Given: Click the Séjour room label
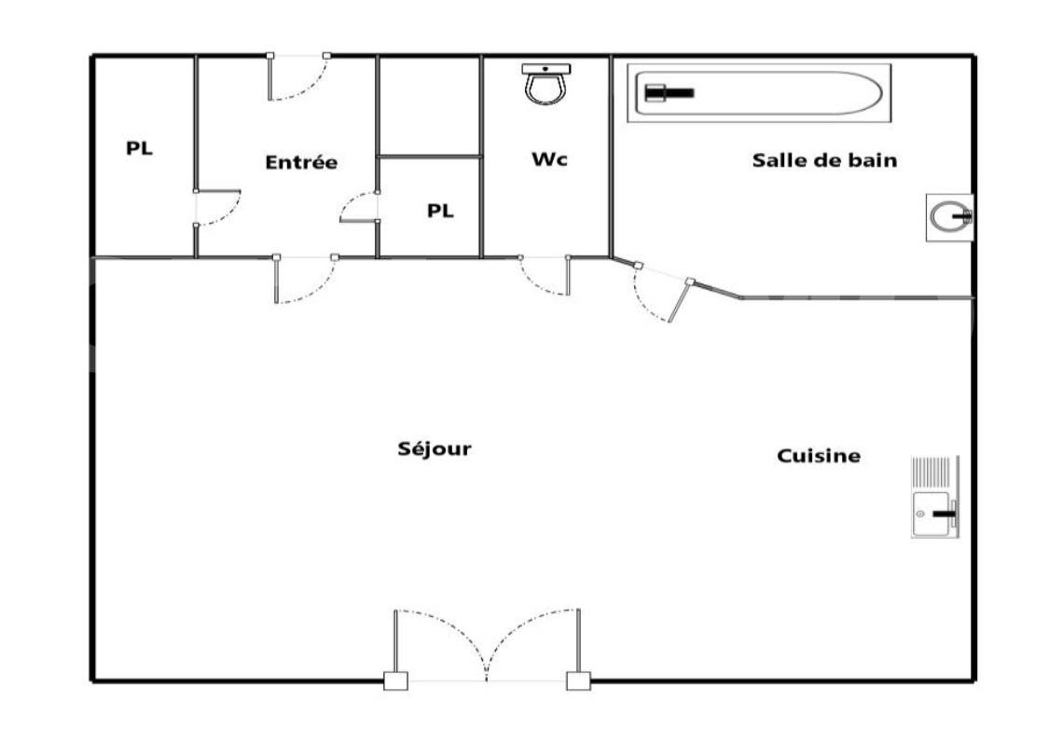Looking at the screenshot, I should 435,449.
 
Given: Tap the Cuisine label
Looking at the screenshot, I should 818,456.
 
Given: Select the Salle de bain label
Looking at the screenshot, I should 824,160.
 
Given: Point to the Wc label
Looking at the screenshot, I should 549,159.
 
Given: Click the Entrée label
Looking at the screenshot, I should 301,162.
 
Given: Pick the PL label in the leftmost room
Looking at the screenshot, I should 140,148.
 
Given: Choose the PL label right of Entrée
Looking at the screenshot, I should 440,211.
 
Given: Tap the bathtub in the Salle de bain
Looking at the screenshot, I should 759,93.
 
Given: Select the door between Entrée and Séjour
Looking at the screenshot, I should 305,279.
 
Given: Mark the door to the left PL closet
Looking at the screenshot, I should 217,208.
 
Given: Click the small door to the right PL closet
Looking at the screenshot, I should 359,207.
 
